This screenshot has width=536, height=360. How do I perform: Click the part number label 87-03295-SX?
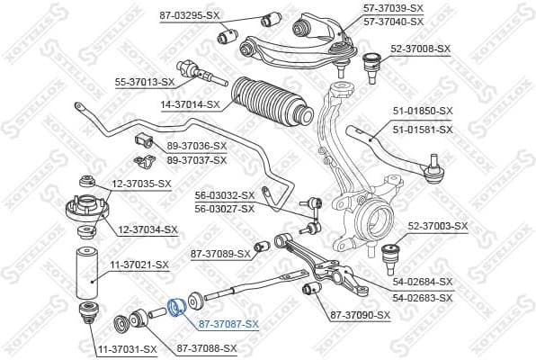(189, 16)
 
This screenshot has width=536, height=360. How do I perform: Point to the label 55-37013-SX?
(144, 82)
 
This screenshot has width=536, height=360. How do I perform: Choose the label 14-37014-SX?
(191, 104)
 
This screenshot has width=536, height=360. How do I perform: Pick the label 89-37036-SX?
(197, 146)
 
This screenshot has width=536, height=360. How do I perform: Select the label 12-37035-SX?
(141, 184)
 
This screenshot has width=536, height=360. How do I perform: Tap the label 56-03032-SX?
(225, 194)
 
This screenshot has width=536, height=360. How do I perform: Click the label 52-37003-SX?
(438, 226)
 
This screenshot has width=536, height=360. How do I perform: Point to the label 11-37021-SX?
(138, 265)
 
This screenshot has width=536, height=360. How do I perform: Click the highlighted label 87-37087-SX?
(228, 324)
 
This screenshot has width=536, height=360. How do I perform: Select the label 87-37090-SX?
(360, 315)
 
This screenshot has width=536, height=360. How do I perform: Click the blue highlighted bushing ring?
(177, 307)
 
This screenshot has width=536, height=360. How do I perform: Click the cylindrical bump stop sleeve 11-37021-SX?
(87, 273)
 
